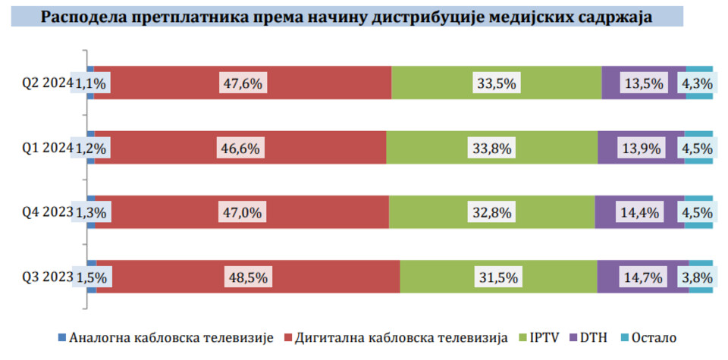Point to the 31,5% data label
[497, 277]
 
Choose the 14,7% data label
[642, 277]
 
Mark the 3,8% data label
[697, 277]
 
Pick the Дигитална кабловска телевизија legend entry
[395, 337]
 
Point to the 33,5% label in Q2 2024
[497, 83]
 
